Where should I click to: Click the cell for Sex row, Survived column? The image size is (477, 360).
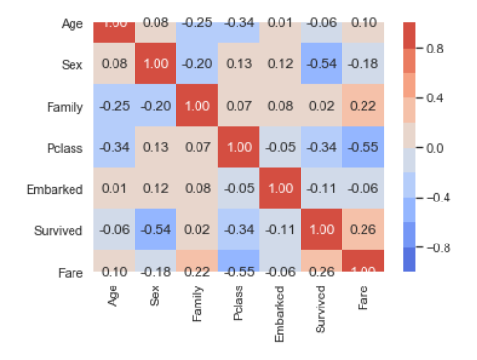pyautogui.click(x=323, y=64)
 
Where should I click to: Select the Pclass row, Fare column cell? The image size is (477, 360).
pyautogui.click(x=364, y=148)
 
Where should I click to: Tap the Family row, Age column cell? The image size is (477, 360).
pyautogui.click(x=114, y=106)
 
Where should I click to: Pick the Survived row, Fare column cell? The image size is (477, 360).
pyautogui.click(x=364, y=231)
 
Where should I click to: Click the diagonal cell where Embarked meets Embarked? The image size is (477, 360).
pyautogui.click(x=281, y=189)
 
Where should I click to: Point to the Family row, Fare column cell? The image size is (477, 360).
pyautogui.click(x=364, y=106)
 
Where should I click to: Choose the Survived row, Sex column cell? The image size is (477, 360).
pyautogui.click(x=156, y=231)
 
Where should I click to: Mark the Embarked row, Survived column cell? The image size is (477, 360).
pyautogui.click(x=323, y=189)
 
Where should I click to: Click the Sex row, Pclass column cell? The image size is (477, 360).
pyautogui.click(x=239, y=64)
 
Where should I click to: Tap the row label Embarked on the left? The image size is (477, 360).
pyautogui.click(x=55, y=189)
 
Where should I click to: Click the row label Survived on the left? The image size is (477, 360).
pyautogui.click(x=58, y=231)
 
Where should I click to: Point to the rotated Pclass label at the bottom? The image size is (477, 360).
pyautogui.click(x=239, y=303)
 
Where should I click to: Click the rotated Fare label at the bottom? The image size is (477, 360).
pyautogui.click(x=364, y=297)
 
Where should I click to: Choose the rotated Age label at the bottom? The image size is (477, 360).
pyautogui.click(x=114, y=295)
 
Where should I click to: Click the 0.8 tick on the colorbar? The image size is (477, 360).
pyautogui.click(x=434, y=46)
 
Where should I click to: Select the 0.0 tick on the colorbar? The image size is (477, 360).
pyautogui.click(x=434, y=148)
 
